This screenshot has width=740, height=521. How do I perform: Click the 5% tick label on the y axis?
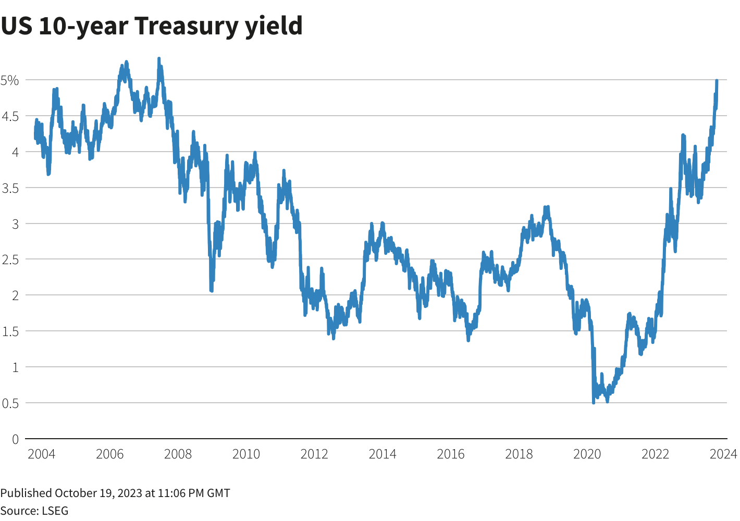tap(10, 80)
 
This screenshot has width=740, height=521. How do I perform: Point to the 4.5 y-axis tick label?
tap(10, 116)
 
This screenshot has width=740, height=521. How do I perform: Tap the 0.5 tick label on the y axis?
tap(10, 403)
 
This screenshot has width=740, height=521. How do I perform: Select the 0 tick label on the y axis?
tap(15, 439)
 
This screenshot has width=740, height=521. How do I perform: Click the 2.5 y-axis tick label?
tap(10, 259)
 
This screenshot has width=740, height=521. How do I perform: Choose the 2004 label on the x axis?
tap(41, 454)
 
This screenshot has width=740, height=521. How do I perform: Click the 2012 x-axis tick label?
tap(314, 454)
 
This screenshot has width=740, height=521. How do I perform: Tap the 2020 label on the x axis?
tap(587, 454)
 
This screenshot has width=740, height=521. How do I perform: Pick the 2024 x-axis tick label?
tap(723, 454)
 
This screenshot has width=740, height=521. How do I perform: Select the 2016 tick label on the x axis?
tap(451, 454)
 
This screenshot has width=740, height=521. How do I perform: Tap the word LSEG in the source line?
tap(54, 511)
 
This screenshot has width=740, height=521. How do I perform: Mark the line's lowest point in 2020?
tap(594, 403)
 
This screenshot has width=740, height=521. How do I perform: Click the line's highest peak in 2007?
tap(158, 58)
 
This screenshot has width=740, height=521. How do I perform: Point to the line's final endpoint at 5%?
tap(717, 81)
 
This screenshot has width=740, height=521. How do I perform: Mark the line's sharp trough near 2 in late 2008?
tap(211, 290)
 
